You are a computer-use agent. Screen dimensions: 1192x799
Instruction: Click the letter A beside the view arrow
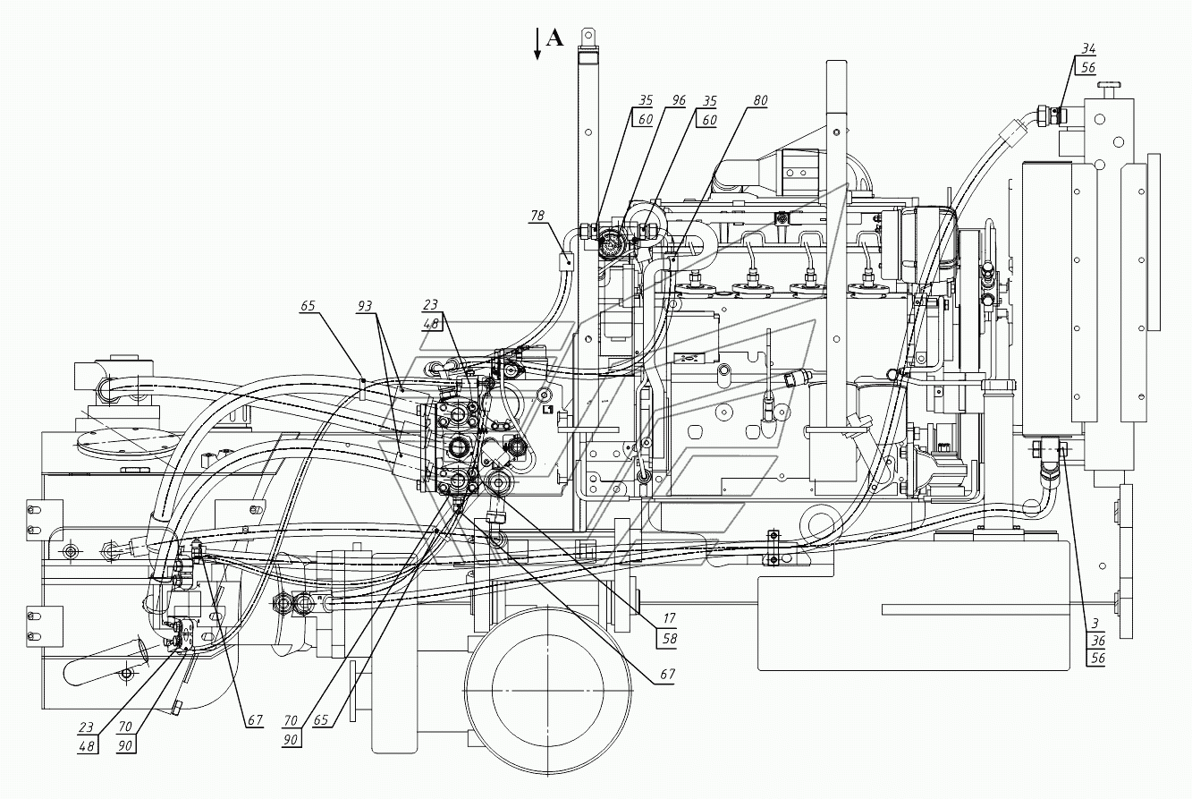554,38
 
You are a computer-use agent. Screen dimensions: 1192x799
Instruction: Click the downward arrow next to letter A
537,44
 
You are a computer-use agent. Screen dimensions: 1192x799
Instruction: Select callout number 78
537,215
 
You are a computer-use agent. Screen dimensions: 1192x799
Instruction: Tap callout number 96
679,100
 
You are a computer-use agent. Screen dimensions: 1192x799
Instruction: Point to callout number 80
760,100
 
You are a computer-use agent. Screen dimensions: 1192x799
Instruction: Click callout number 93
365,306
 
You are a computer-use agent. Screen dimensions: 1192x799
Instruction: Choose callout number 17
670,618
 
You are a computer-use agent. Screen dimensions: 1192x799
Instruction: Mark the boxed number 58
670,638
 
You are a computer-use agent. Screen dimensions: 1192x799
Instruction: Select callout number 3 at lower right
1095,622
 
